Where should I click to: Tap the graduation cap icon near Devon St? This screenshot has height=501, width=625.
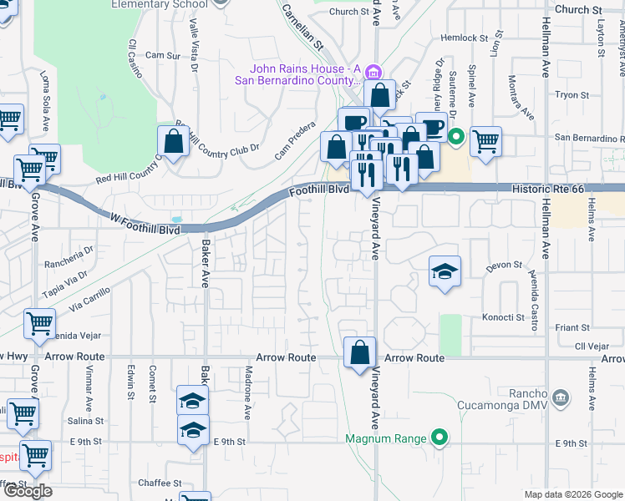pos(445,271)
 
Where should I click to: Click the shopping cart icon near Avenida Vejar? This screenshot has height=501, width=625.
pos(39,323)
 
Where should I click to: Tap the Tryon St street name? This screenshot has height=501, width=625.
pos(572,95)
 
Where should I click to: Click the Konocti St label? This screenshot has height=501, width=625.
pos(503,318)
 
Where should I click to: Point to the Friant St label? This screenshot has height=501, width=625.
pos(572,328)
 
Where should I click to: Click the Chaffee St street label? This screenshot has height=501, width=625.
pos(160,483)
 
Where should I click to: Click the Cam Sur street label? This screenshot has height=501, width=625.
pos(162,56)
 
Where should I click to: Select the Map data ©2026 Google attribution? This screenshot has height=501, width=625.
pos(572,494)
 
